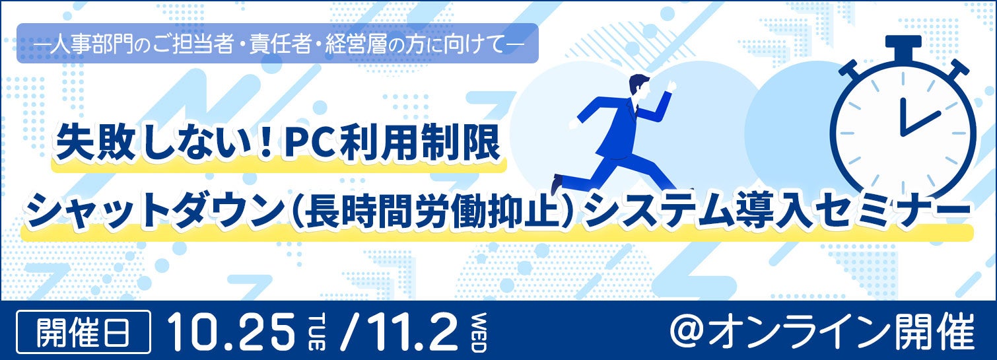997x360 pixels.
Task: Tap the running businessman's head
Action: pos(638,87)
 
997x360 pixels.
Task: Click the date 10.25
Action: pos(230,332)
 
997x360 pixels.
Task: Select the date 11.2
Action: pos(409,332)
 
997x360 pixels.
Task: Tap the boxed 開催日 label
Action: pos(83,332)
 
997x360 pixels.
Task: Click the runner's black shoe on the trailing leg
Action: pos(557,184)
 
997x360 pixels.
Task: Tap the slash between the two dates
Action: pos(348,332)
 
